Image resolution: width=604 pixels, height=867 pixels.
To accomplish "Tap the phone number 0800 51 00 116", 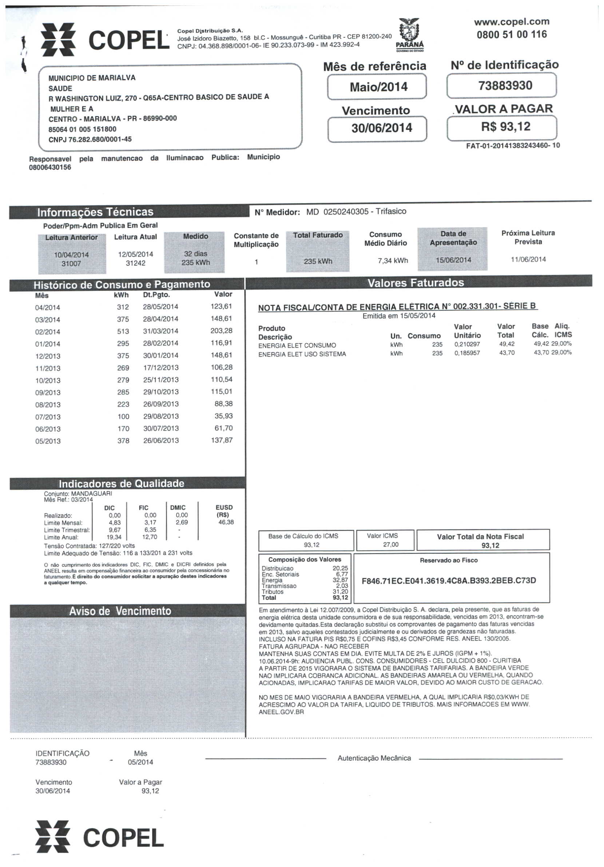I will tap(512, 34).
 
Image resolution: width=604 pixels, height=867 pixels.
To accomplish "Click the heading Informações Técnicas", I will tap(95, 212).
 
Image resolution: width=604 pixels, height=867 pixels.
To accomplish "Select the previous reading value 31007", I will tap(71, 264).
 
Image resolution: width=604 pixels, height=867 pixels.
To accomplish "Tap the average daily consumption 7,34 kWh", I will tap(393, 261).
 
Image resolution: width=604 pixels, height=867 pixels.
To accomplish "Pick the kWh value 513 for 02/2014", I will tap(123, 332).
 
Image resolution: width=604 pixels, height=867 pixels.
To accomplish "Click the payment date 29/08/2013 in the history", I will tap(161, 416).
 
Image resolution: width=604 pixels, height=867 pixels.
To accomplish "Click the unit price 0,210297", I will tap(467, 344).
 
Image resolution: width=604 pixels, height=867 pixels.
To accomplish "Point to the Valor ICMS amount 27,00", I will tap(390, 544).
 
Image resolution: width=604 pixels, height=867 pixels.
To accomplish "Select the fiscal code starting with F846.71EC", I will tap(449, 580).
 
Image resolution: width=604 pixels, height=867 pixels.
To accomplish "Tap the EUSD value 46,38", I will tap(226, 522).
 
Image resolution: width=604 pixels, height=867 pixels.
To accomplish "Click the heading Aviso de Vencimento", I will tap(120, 611).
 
